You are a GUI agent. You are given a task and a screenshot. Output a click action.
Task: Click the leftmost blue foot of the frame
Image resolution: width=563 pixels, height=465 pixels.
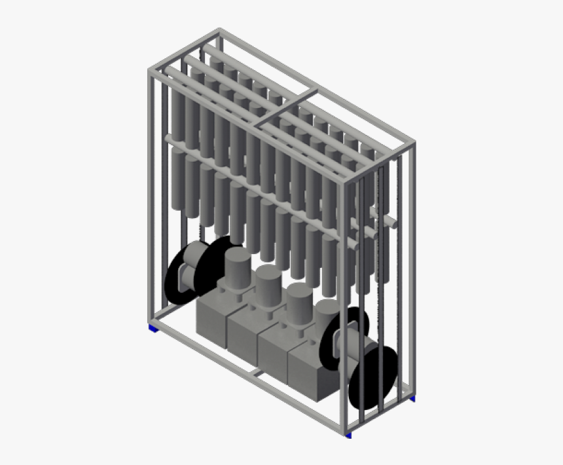[152, 327]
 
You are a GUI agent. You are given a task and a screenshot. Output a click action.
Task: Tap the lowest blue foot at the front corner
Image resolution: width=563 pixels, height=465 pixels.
[349, 435]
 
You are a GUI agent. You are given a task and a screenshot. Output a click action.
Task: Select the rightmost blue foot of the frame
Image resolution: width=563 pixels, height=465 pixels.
[413, 398]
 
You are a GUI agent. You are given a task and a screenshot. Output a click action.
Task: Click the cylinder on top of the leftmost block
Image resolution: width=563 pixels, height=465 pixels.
[237, 269]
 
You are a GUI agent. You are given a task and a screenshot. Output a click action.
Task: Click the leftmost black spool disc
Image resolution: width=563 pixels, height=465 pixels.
[176, 274]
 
